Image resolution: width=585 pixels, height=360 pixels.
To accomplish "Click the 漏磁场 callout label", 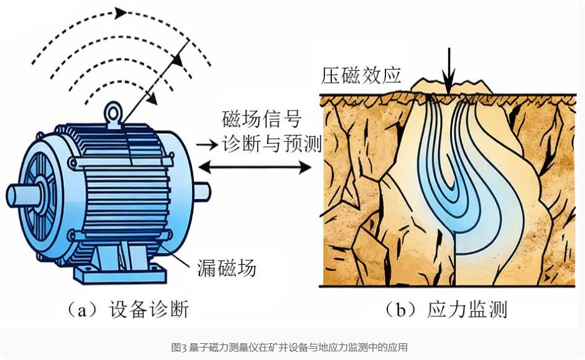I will click(226, 268).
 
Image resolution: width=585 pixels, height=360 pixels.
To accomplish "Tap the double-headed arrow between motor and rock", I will click(255, 167).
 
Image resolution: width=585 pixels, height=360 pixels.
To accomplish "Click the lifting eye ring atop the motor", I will click(113, 113).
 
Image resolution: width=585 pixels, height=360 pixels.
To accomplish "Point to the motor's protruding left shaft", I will click(19, 195).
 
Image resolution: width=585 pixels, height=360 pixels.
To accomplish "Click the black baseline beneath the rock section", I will click(448, 286).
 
